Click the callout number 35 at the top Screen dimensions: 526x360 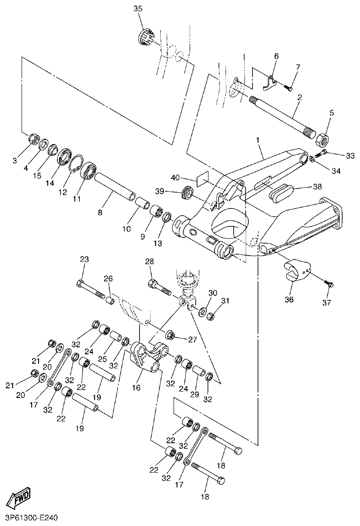[x=138, y=9]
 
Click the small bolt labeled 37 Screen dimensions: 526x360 [x=327, y=283]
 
